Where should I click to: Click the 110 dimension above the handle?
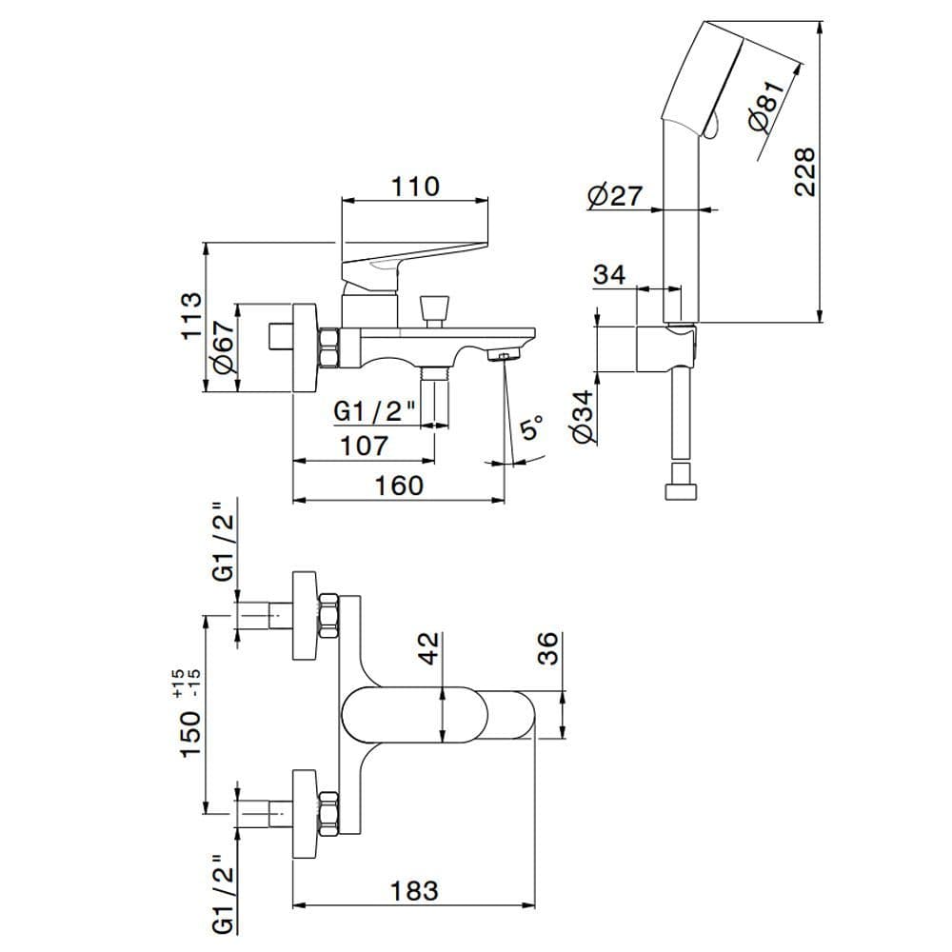point(415,187)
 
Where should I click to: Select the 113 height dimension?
point(190,316)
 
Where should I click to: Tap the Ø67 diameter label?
point(223,347)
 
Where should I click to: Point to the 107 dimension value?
point(363,446)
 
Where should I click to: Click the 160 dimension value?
point(399,486)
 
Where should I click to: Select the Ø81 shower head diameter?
point(766,107)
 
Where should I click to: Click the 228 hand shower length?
point(805,171)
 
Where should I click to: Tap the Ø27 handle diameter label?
point(615,195)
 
